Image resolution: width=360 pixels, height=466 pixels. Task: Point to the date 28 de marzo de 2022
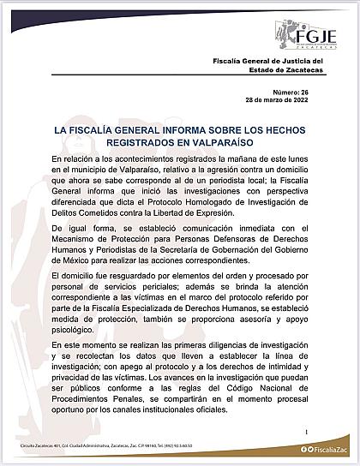click(290, 123)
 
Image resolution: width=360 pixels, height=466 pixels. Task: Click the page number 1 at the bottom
click(305, 433)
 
